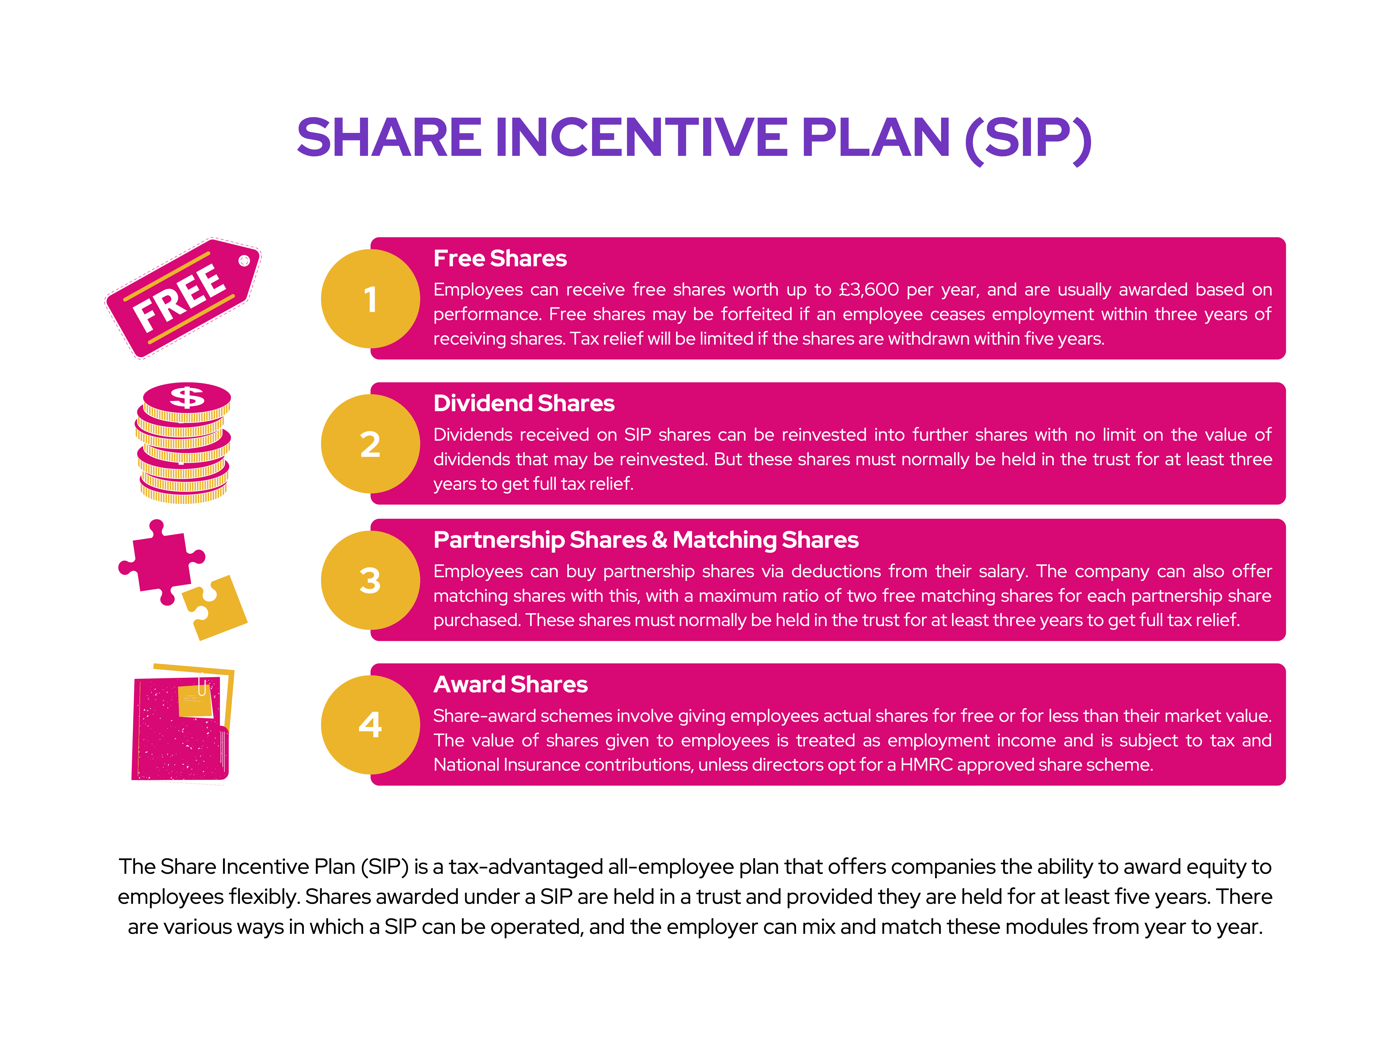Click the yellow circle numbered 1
point(370,299)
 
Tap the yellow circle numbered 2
point(370,444)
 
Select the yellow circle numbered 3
point(370,580)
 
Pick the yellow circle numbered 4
point(370,725)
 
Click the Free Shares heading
point(500,259)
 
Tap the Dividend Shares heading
point(524,403)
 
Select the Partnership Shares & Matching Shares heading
point(646,540)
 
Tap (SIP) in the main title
point(1028,140)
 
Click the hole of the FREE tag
point(244,261)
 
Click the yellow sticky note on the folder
point(196,701)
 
